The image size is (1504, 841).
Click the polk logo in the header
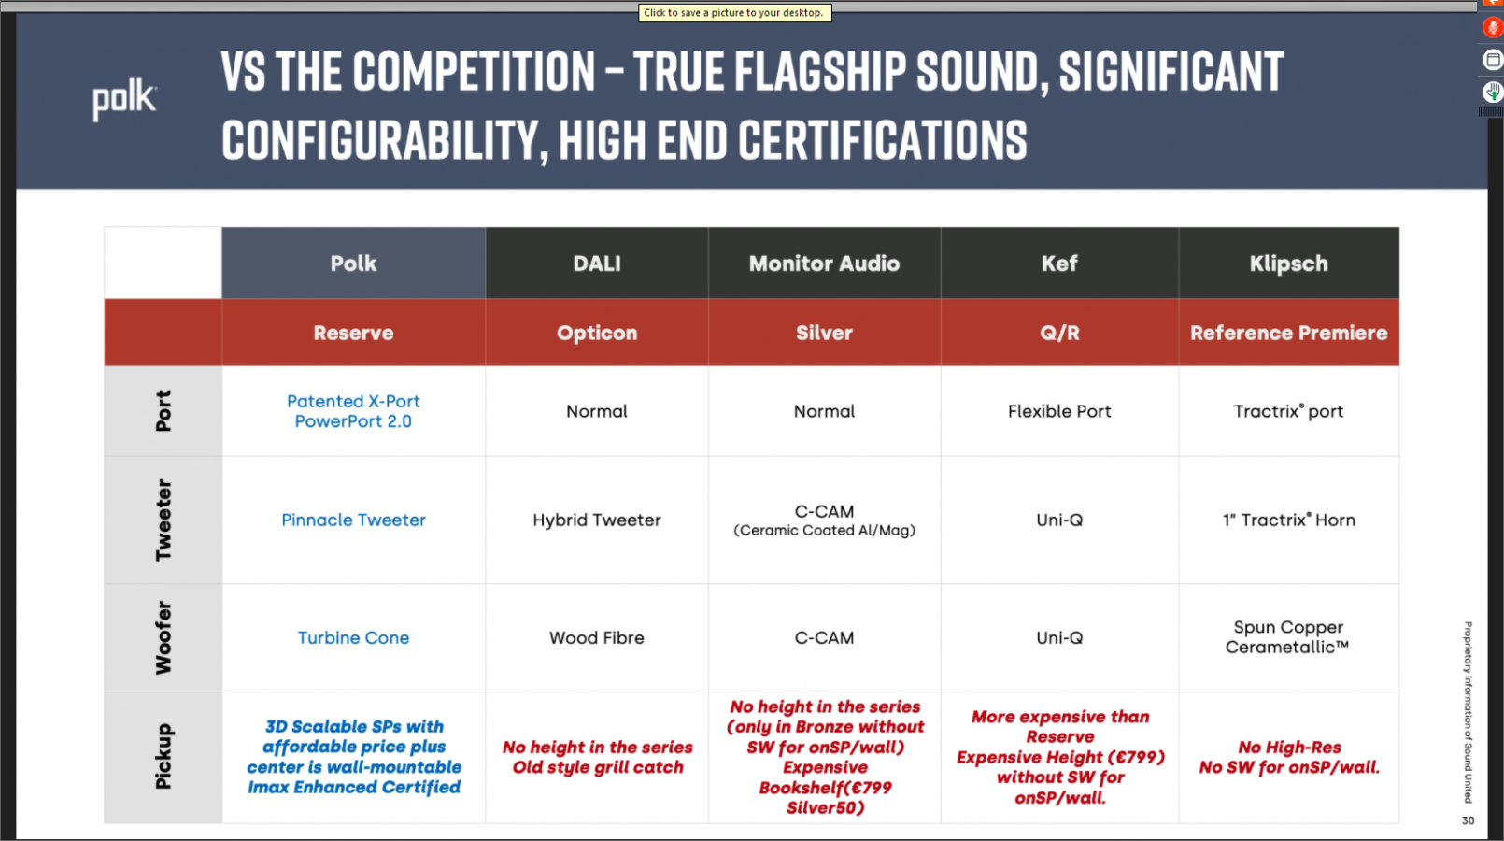[x=124, y=99]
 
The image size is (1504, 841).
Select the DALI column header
[x=597, y=264]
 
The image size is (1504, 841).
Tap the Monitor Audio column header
[x=825, y=264]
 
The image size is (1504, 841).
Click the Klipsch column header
[x=1289, y=264]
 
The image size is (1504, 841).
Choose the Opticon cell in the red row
[x=597, y=333]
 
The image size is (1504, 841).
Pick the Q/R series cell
[x=1059, y=333]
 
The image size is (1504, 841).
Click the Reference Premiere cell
[x=1289, y=333]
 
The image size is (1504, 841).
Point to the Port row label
[x=163, y=410]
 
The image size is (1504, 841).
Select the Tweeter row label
[x=163, y=520]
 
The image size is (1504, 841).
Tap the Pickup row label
[x=163, y=756]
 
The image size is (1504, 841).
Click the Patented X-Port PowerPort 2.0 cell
[x=353, y=411]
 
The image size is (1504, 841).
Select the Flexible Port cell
[x=1059, y=411]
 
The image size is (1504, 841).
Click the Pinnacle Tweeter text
[x=353, y=520]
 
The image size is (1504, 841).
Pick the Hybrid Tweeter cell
[x=597, y=520]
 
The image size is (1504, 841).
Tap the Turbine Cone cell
[x=353, y=637]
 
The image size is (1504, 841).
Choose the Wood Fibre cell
[x=597, y=637]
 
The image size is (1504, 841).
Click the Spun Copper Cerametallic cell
[x=1288, y=636]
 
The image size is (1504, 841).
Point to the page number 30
[x=1468, y=820]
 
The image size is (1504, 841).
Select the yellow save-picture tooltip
[x=734, y=13]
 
